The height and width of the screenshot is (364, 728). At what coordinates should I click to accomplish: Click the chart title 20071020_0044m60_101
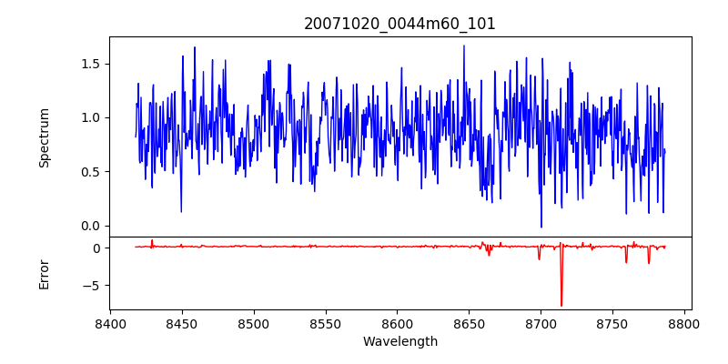click(399, 24)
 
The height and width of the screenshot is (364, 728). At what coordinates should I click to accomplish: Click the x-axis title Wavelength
click(399, 342)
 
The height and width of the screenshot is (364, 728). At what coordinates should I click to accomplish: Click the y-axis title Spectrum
click(45, 137)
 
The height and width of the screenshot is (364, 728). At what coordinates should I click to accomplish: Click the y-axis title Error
click(45, 274)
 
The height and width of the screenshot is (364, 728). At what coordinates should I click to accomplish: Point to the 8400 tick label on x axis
click(110, 324)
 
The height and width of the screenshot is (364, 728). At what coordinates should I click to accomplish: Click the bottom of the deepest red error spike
click(561, 306)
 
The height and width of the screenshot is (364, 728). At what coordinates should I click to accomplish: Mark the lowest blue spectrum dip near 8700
click(541, 227)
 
